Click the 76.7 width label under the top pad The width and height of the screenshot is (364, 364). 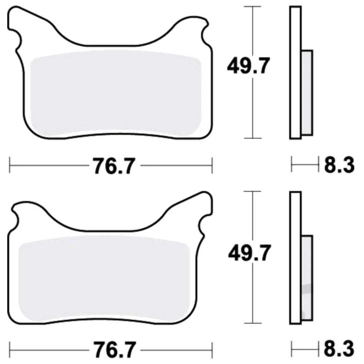[x=114, y=166]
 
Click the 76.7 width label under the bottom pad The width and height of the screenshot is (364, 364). [x=114, y=349]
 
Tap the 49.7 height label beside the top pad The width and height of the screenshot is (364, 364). [x=248, y=66]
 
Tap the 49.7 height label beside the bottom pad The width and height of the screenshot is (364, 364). [x=249, y=253]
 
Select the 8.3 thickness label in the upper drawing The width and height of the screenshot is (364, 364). [x=339, y=165]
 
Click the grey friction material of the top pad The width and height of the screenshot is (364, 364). [x=116, y=93]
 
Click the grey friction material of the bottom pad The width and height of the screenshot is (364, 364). [x=104, y=278]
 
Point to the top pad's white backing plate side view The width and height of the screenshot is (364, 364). [x=296, y=72]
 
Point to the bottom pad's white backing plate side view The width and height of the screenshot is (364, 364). [x=296, y=258]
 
